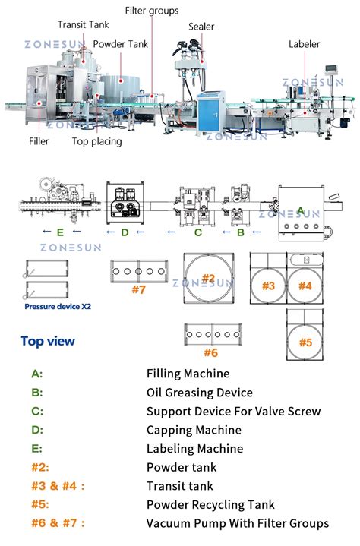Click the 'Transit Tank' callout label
coord(84,24)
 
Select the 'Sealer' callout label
coord(202,27)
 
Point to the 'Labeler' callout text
coord(304,44)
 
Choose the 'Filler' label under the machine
coord(39,141)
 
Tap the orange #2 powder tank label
coord(208,278)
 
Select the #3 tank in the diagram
coord(267,286)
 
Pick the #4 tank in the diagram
coord(305,286)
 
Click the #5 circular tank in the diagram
coord(305,342)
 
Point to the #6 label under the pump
coord(210,352)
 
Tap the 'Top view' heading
coord(48,341)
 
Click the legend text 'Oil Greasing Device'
coord(199,393)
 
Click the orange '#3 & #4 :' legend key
coord(58,486)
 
